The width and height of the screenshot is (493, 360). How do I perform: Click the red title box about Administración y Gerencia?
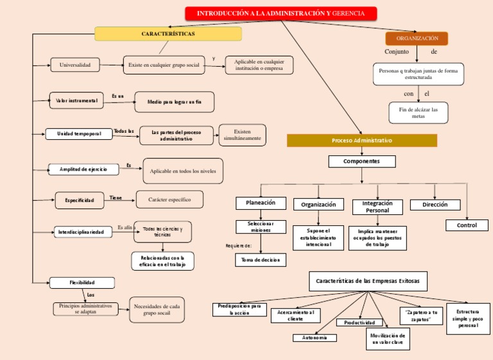tap(281, 13)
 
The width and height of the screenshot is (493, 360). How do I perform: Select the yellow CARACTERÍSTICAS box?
tap(168, 33)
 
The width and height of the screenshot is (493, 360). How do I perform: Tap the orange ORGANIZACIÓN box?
tap(417, 39)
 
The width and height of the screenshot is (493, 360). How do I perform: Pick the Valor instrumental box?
tap(76, 100)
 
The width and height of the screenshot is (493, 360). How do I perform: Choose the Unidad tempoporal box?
tap(79, 133)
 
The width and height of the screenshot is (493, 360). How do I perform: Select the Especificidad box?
tap(79, 201)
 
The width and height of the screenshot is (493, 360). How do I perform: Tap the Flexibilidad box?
tap(82, 282)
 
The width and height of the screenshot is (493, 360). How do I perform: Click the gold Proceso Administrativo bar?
tap(361, 141)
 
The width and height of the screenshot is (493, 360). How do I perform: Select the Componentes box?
tap(361, 161)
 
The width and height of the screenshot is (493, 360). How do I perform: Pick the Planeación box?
tap(261, 203)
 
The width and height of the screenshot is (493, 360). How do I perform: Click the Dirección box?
tap(435, 205)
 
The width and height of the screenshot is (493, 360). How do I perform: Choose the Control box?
tap(467, 225)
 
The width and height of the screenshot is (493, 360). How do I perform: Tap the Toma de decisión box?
tap(261, 260)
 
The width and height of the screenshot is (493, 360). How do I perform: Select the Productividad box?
tap(359, 322)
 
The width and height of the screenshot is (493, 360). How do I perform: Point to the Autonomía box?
tap(315, 338)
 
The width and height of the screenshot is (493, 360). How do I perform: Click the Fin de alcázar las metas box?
tap(419, 113)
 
